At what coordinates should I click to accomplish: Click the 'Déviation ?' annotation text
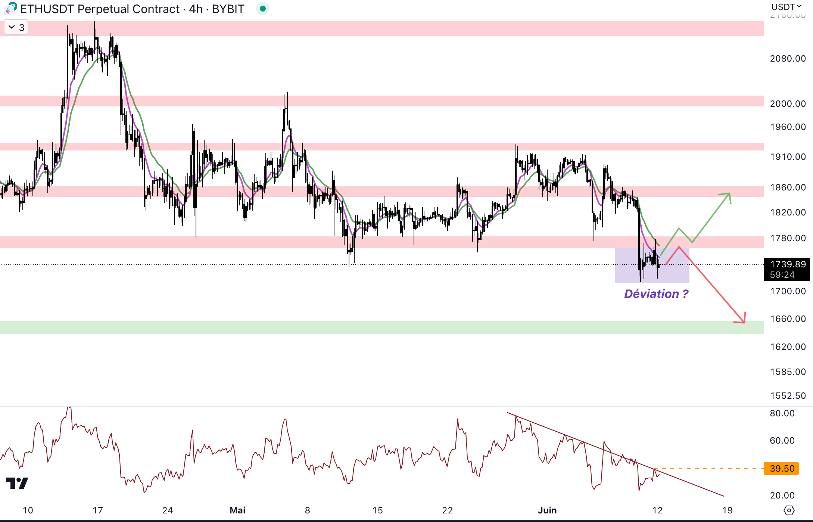tap(656, 294)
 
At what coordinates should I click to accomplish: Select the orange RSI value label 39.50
tap(782, 469)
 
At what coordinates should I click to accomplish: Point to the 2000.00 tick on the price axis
tap(788, 104)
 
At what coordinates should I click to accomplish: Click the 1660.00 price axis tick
tap(788, 319)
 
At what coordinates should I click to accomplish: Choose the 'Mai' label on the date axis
tap(237, 510)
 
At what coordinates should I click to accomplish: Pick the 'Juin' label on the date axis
tap(547, 510)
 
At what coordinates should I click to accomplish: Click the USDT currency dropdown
tap(786, 7)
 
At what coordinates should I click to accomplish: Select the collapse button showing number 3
tap(16, 27)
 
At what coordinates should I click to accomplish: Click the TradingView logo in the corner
tap(17, 483)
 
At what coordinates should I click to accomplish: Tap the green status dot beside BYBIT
tap(263, 9)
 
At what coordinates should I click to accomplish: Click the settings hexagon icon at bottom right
tap(789, 510)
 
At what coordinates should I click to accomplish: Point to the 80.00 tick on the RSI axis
tap(782, 413)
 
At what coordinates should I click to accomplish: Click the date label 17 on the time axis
tap(98, 510)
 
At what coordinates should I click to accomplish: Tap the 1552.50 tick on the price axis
tap(788, 396)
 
